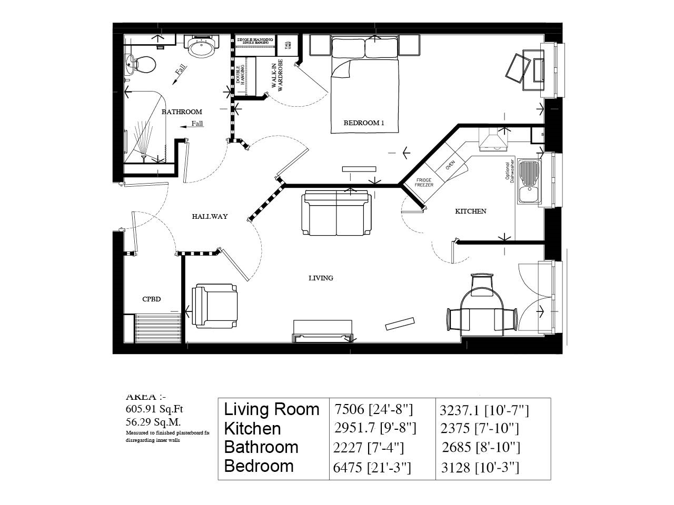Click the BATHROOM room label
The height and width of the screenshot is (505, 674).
[x=182, y=112]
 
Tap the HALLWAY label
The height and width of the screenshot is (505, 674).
[x=210, y=216]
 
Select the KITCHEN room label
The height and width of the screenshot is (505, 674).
[x=470, y=211]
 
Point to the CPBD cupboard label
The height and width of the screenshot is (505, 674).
[x=151, y=299]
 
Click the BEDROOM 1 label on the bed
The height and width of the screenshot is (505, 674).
[x=364, y=123]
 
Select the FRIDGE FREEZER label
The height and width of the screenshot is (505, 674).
[x=424, y=183]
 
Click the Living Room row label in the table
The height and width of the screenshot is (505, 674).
[x=272, y=409]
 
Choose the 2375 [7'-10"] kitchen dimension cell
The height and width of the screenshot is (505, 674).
[x=479, y=429]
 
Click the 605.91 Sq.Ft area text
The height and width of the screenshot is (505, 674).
[x=154, y=409]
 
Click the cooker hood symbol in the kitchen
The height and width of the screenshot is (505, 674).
[x=493, y=140]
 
